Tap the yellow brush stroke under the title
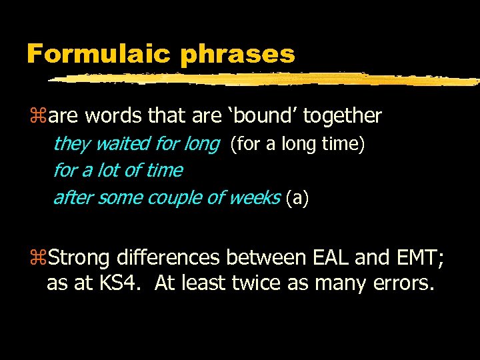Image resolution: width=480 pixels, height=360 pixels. coord(267,79)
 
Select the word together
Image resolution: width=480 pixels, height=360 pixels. coord(342,116)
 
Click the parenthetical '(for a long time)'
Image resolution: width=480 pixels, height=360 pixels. coord(297,144)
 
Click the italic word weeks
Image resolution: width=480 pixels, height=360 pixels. coord(254,198)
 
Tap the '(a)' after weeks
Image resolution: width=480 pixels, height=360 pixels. coord(297,198)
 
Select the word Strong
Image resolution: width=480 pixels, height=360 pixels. coord(79,257)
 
